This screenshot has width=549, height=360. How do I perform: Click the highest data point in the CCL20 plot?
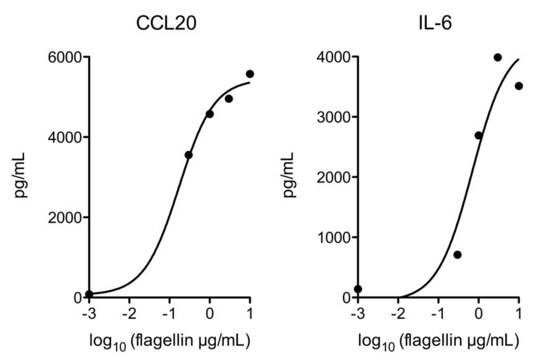pos(250,74)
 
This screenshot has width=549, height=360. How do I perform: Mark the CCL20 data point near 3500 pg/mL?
pos(188,155)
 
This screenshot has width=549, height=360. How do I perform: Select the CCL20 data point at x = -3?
pos(89,294)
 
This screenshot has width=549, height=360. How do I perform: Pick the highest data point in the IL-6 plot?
pos(498,57)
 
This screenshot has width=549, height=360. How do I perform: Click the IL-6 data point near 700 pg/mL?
pos(457,255)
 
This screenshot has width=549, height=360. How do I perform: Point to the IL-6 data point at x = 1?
pos(518,86)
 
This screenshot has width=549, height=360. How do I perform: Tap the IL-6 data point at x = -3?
pos(358,289)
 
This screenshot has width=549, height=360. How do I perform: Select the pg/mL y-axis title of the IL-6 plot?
pos(290,176)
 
